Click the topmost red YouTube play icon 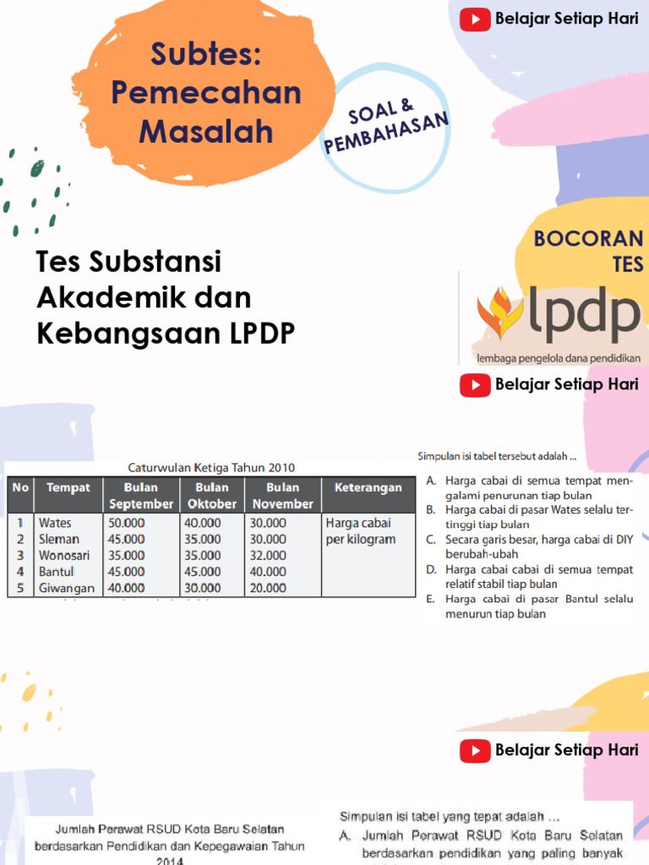pos(475,19)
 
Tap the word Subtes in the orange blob pos(206,55)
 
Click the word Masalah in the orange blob pos(206,132)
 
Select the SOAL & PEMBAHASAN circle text pos(385,129)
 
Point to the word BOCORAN pos(588,238)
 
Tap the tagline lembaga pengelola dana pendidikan pos(559,357)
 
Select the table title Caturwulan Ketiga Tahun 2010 pos(211,467)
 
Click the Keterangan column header pos(368,487)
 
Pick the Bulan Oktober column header pos(211,495)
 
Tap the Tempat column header pos(68,487)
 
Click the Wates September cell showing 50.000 pos(127,523)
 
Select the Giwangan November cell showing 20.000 pos(268,588)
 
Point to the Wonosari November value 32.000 pos(268,555)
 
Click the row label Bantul pos(56,572)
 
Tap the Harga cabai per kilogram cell pos(361,530)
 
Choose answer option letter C pos(430,538)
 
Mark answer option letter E pos(430,599)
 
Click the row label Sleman pos(59,539)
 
